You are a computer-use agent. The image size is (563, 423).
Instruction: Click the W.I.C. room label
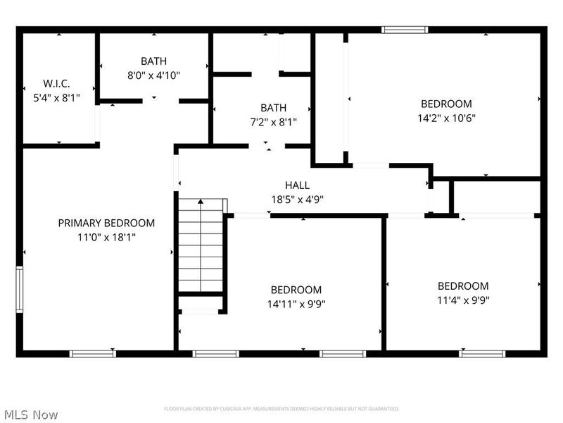click(x=57, y=84)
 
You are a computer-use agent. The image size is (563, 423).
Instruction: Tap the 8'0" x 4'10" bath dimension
click(x=153, y=75)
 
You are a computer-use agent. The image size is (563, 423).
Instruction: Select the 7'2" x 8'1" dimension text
click(x=273, y=121)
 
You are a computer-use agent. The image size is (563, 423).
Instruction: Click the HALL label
click(x=297, y=185)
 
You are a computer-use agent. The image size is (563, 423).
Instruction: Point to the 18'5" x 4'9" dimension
click(x=297, y=199)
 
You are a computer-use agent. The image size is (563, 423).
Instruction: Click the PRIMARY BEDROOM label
click(x=106, y=223)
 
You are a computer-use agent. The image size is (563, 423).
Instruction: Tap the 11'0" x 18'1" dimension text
click(x=106, y=237)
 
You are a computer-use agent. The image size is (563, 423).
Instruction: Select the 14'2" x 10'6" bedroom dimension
click(x=446, y=118)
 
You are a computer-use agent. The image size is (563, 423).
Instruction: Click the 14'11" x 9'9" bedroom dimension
click(x=296, y=304)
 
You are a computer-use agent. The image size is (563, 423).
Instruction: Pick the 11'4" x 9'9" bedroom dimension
click(x=463, y=300)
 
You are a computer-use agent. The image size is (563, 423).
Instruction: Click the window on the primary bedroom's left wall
click(x=20, y=289)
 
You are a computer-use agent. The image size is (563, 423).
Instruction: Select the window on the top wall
click(x=405, y=30)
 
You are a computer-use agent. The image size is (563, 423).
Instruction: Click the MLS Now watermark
click(x=31, y=415)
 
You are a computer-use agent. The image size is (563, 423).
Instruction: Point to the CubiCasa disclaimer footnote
click(x=281, y=409)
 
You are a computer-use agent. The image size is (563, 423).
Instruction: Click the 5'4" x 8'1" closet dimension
click(x=57, y=98)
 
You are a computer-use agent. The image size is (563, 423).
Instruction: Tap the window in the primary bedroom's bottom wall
click(x=92, y=353)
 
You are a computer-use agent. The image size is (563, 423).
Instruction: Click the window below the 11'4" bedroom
click(x=482, y=353)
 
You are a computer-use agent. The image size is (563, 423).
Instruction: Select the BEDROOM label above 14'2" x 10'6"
click(x=446, y=104)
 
